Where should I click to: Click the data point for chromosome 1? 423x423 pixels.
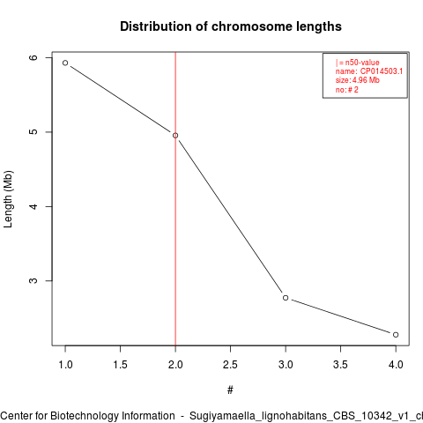[65, 63]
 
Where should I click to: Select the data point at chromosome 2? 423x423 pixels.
[175, 136]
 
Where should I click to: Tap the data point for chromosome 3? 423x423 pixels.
[286, 298]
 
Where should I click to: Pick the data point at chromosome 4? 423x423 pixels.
[396, 335]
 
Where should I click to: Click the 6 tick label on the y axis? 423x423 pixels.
[33, 57]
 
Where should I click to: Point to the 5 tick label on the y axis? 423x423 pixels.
[33, 132]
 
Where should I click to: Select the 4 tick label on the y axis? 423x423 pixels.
[33, 206]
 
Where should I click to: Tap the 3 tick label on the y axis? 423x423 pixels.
[33, 280]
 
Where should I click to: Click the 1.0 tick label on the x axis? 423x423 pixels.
[65, 365]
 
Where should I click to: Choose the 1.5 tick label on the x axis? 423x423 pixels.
[120, 365]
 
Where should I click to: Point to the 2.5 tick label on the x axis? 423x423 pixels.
[230, 365]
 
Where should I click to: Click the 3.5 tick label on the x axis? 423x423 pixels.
[340, 365]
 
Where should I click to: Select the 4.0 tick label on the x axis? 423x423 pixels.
[396, 365]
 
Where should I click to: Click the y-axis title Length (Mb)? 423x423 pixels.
[8, 199]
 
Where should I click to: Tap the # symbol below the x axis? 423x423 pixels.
[230, 390]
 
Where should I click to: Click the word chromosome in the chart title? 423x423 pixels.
[252, 26]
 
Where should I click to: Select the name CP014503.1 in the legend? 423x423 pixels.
[382, 71]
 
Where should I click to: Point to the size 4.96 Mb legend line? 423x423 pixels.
[358, 80]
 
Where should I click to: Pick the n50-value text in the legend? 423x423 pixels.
[362, 63]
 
